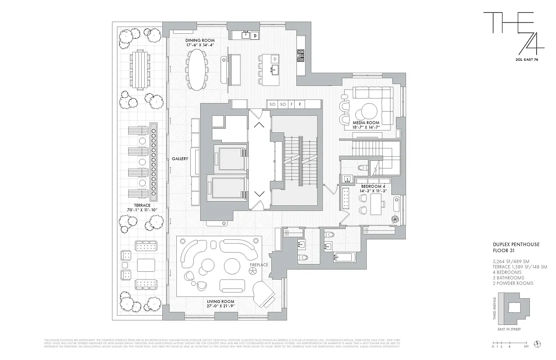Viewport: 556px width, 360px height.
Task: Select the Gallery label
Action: coord(179,159)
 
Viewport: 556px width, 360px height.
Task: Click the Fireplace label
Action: coord(259,265)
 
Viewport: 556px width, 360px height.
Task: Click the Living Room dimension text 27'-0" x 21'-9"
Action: coord(220,307)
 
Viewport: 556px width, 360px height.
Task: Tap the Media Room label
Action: coord(366,122)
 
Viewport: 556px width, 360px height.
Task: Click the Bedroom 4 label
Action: coord(373,186)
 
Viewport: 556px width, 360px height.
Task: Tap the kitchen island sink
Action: coord(275,70)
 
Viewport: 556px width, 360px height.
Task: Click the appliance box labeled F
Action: coord(291,104)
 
